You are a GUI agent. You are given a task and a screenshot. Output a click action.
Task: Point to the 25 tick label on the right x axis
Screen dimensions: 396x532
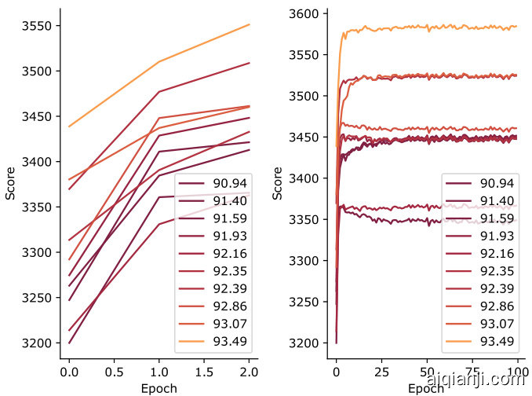(382, 370)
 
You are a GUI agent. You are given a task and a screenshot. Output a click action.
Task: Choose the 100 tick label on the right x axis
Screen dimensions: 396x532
(518, 370)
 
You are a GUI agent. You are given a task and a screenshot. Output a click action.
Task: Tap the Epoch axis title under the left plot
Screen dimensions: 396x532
(159, 387)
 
